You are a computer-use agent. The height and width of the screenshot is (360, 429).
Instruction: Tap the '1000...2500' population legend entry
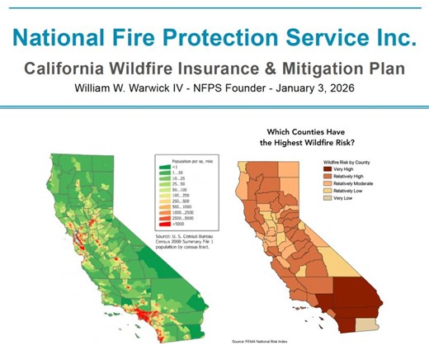pos(187,211)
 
